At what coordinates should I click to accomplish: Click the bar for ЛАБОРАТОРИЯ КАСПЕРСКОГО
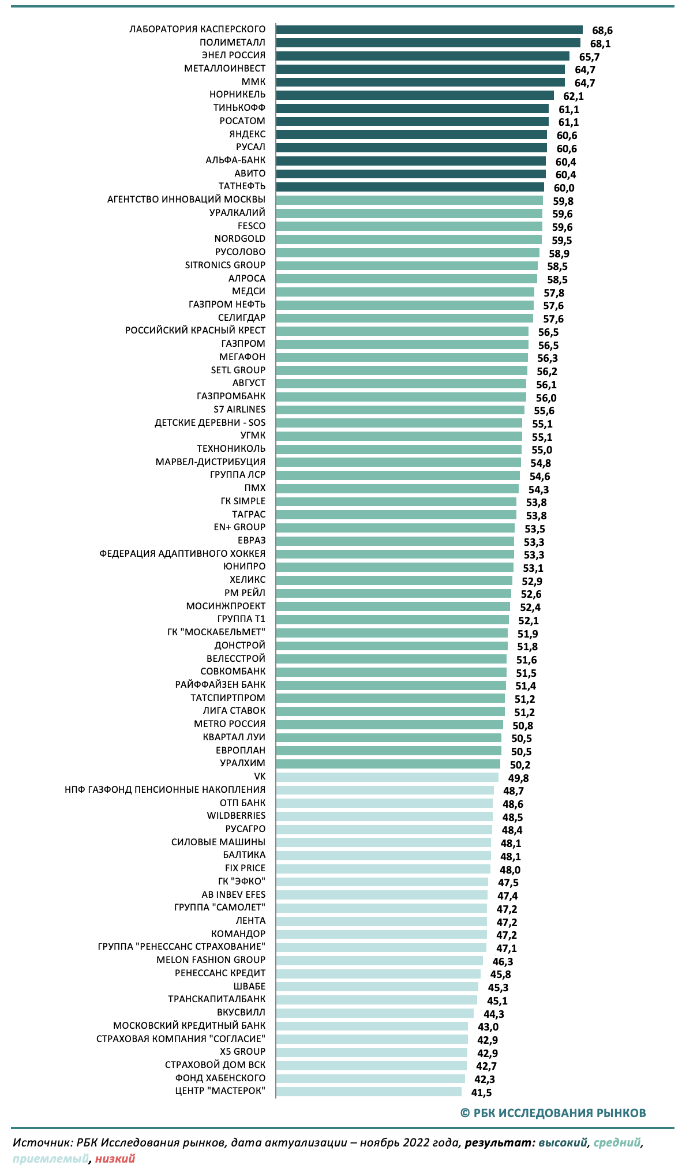point(429,30)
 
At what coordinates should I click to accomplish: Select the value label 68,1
point(600,43)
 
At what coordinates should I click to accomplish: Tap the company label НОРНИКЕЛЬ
point(237,95)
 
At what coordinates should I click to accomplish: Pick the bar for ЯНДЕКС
point(411,134)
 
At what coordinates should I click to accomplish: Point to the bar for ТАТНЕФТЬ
point(410,187)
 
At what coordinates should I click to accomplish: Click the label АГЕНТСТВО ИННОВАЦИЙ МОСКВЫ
point(186,200)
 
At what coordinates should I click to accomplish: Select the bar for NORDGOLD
point(409,239)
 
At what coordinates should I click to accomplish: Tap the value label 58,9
point(559,253)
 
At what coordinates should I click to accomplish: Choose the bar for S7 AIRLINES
point(400,410)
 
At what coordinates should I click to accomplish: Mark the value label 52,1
point(529,621)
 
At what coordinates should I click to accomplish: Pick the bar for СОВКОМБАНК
point(391,672)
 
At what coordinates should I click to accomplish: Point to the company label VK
point(260,777)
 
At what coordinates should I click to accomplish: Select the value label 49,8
point(518,778)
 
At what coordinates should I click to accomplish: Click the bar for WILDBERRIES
point(384,816)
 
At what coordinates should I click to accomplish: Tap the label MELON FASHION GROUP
point(211,960)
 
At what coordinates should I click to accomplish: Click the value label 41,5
point(481,1092)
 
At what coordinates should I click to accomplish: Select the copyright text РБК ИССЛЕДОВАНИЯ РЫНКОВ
point(553,1113)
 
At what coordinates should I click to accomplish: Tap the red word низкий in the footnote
point(115,1159)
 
